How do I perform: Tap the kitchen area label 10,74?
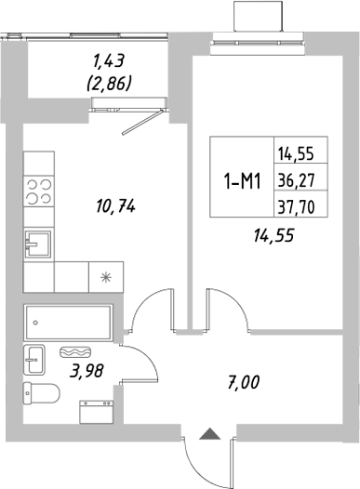pos(116,206)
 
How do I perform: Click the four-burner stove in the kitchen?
pos(38,190)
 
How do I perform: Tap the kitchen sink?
pos(38,244)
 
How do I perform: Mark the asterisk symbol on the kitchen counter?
pos(103,276)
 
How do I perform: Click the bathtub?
pos(68,323)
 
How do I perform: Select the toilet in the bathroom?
pos(40,391)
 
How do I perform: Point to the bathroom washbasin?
pos(34,358)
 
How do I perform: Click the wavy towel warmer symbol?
pos(75,353)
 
